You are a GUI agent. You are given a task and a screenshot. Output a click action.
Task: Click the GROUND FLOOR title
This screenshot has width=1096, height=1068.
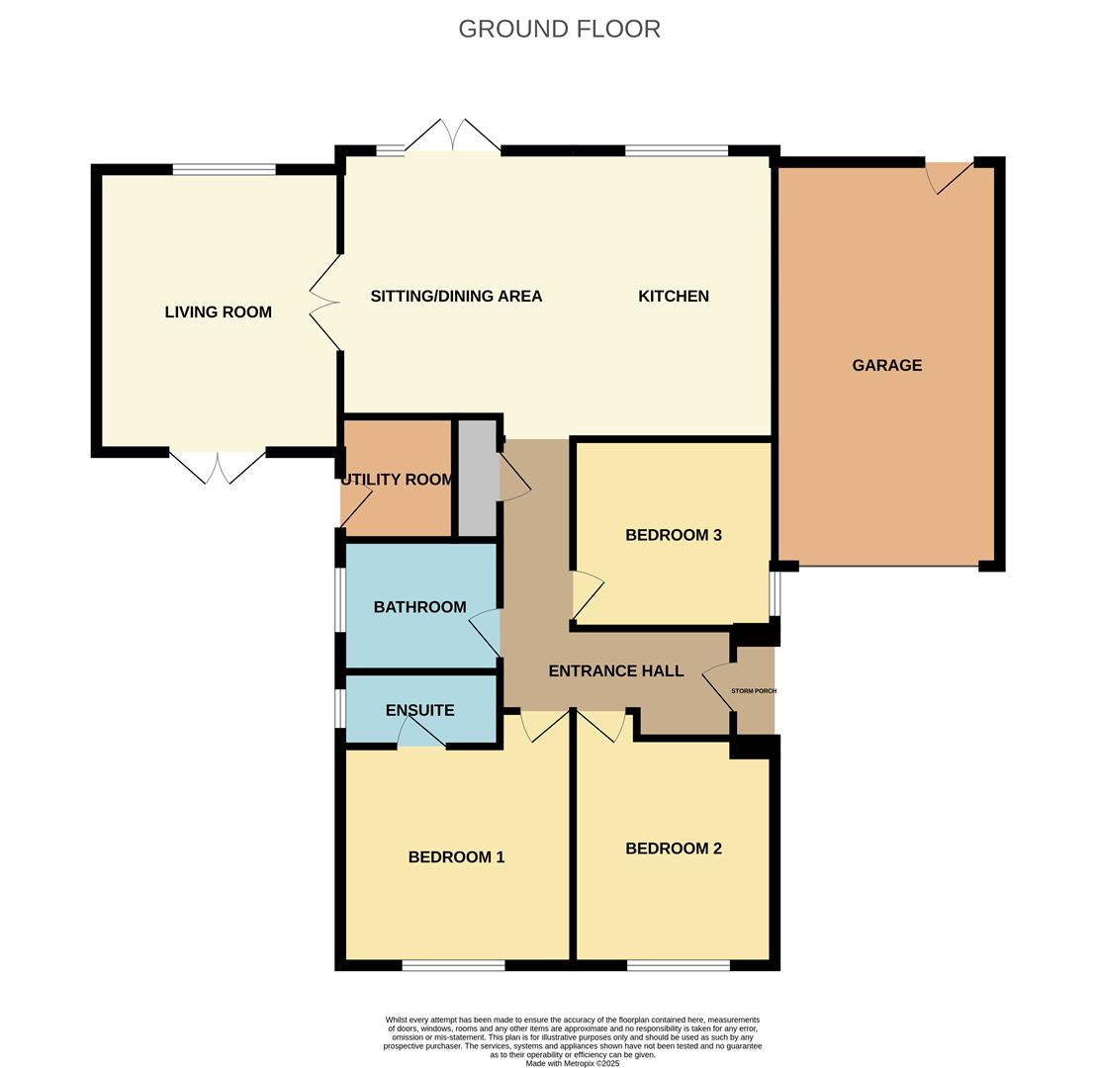[x=559, y=29]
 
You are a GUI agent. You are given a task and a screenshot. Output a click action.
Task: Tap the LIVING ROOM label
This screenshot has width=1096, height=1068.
[x=218, y=312]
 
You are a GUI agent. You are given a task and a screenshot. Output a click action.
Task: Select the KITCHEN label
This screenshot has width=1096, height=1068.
[x=674, y=297]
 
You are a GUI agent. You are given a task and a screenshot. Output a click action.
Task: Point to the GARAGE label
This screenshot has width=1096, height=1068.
[x=887, y=365]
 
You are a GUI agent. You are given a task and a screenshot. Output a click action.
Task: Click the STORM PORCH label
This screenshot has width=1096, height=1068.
[x=754, y=690]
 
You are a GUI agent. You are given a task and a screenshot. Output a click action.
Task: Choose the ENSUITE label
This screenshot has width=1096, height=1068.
[x=420, y=710]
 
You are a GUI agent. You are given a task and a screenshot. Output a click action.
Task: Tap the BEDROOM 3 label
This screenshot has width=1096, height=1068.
[x=674, y=535]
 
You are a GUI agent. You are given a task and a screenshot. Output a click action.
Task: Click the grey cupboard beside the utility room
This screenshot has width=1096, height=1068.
[x=478, y=478]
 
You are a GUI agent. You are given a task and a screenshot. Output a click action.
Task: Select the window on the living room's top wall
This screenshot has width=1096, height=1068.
[x=225, y=169]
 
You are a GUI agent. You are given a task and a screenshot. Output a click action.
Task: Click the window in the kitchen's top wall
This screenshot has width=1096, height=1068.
[x=677, y=150]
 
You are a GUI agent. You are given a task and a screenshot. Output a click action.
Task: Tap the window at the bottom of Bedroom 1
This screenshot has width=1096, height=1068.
[x=454, y=965]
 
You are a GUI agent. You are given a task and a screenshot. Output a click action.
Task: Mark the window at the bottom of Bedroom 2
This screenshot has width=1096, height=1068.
[x=679, y=965]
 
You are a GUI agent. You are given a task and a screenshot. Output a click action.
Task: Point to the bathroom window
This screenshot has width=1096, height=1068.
[x=339, y=599]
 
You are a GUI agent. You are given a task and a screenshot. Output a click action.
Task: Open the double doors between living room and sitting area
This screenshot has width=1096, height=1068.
[x=325, y=303]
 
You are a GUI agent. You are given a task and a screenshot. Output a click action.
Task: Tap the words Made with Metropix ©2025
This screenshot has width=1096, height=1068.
[x=573, y=1063]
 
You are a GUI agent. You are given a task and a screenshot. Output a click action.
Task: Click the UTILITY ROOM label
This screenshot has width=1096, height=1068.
[x=397, y=480]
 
